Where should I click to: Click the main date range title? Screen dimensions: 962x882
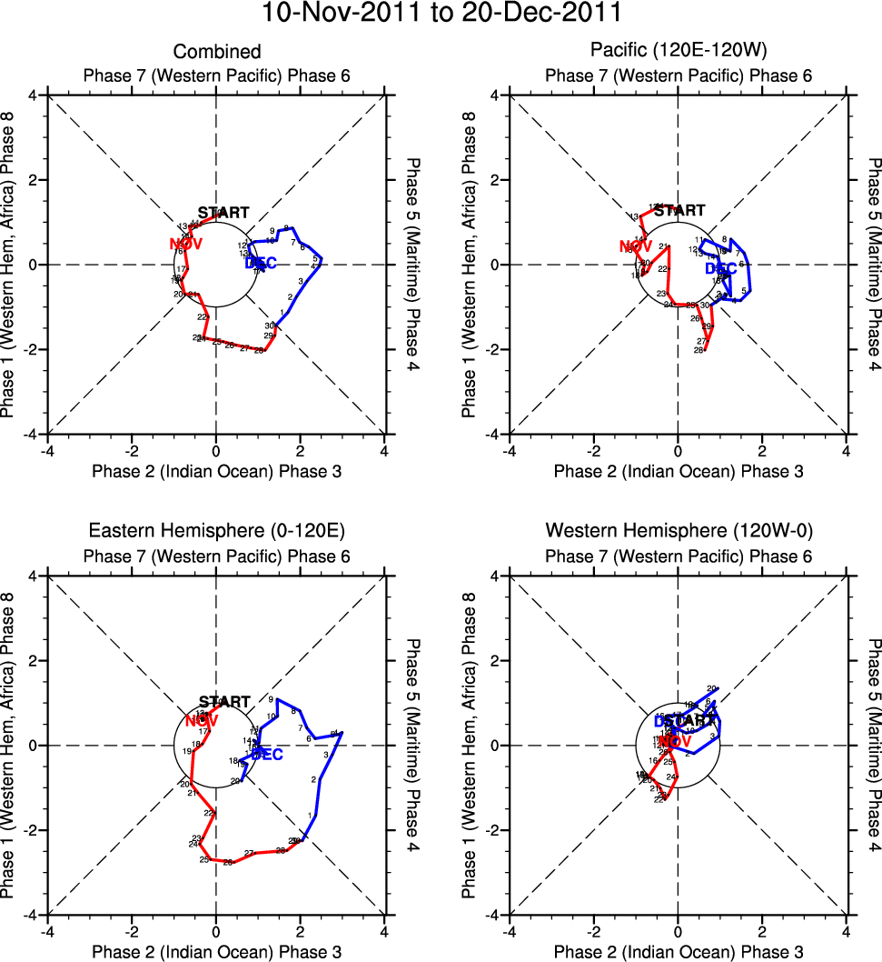click(x=441, y=14)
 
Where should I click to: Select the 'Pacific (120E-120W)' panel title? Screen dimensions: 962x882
click(x=678, y=52)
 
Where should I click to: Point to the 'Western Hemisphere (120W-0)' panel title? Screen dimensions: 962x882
click(x=678, y=531)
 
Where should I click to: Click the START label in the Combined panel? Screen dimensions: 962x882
click(x=223, y=213)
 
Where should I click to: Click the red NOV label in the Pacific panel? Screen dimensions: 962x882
click(x=636, y=246)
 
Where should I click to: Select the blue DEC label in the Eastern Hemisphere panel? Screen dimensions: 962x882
click(x=267, y=755)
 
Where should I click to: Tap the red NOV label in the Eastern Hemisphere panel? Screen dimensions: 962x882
click(x=202, y=721)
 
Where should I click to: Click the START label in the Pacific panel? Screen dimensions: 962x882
click(x=679, y=211)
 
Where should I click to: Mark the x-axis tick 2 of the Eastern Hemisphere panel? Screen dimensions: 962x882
click(x=301, y=931)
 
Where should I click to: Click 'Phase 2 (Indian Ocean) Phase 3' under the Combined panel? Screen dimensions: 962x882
click(x=216, y=471)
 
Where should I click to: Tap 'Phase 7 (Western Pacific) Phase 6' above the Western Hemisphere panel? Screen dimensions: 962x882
click(x=678, y=556)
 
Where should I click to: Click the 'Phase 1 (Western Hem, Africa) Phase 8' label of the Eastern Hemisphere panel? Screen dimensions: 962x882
click(x=10, y=746)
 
